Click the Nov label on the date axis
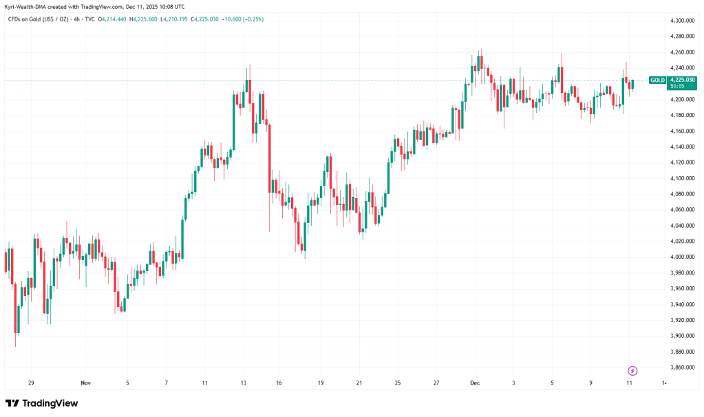coord(85,382)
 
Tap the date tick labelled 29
coord(31,382)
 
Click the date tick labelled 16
coord(279,382)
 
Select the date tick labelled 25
coord(398,382)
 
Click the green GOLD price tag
coord(657,81)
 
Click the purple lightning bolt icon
coord(632,370)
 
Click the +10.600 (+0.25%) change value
coord(244,19)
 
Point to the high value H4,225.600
coord(144,19)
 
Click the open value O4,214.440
coord(111,19)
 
